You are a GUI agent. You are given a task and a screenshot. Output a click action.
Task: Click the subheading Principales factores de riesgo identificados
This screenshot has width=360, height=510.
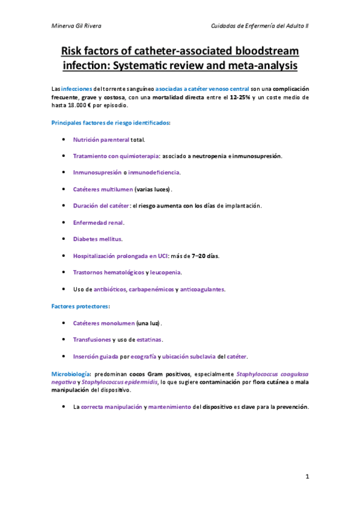(x=110, y=123)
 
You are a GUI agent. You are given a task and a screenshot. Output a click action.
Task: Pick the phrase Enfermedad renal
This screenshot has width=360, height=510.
(x=98, y=223)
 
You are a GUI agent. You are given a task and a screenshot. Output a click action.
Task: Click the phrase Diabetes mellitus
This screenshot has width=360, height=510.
(x=97, y=239)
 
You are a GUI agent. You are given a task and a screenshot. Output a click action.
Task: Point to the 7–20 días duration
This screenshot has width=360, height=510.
(x=204, y=256)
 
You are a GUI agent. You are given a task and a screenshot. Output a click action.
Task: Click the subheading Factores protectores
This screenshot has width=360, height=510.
(x=79, y=306)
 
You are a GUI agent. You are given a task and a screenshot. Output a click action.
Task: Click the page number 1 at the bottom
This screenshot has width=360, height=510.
(x=307, y=477)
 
